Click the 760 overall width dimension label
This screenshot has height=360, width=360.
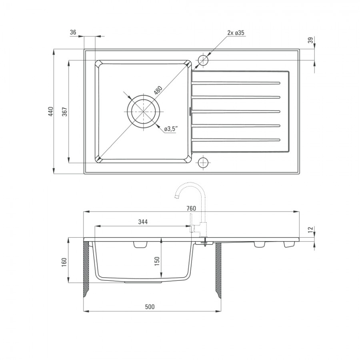click(x=191, y=208)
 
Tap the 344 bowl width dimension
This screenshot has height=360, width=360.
click(x=143, y=222)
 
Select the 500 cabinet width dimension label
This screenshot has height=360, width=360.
click(x=150, y=307)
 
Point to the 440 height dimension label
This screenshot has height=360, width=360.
click(x=51, y=111)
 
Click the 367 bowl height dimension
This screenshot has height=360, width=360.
click(x=65, y=112)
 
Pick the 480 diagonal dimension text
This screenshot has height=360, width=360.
click(x=158, y=90)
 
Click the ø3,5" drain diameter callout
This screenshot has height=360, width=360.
click(x=170, y=129)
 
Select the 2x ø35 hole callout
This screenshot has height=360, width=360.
click(x=236, y=33)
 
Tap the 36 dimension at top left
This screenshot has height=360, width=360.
click(x=73, y=32)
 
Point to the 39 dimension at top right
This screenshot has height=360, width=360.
click(x=310, y=40)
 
